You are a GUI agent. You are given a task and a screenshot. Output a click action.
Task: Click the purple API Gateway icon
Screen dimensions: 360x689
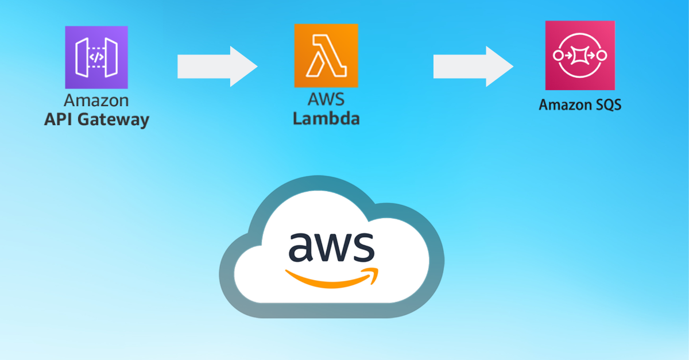[96, 57]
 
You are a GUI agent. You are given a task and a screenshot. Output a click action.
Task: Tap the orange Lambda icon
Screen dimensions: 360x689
[326, 56]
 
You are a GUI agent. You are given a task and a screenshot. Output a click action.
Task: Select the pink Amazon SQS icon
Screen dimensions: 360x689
[580, 55]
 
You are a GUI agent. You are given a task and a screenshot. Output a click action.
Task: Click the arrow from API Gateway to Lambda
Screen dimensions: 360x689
[217, 67]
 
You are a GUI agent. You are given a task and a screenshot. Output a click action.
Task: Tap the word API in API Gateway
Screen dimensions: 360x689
[58, 120]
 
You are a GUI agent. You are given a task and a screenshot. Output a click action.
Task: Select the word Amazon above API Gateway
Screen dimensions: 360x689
[96, 100]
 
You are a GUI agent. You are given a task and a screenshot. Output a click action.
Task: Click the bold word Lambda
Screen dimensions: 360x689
[326, 119]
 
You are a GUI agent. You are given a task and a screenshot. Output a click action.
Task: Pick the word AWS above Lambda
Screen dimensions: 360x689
[326, 99]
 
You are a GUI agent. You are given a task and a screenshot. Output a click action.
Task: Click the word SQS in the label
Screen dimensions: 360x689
[606, 105]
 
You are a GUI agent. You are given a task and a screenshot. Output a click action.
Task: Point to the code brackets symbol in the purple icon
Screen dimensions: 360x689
[96, 57]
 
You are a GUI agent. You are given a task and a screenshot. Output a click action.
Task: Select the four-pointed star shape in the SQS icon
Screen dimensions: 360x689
[580, 55]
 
